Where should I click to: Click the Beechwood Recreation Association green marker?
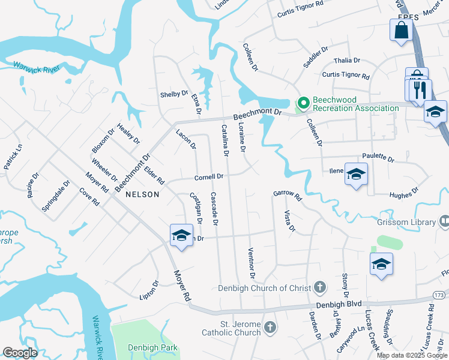(x=303, y=104)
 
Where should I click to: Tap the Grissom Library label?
(x=406, y=222)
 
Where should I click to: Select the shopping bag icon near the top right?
(x=400, y=31)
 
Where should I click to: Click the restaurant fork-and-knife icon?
(x=420, y=90)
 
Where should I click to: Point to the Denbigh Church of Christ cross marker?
(x=321, y=287)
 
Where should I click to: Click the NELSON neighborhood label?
(x=143, y=194)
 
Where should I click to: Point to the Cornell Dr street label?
(x=208, y=177)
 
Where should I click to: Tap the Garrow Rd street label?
(x=286, y=193)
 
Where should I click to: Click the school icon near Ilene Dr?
(x=356, y=174)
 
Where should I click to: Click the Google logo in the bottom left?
(x=20, y=353)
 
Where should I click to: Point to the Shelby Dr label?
(x=174, y=94)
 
